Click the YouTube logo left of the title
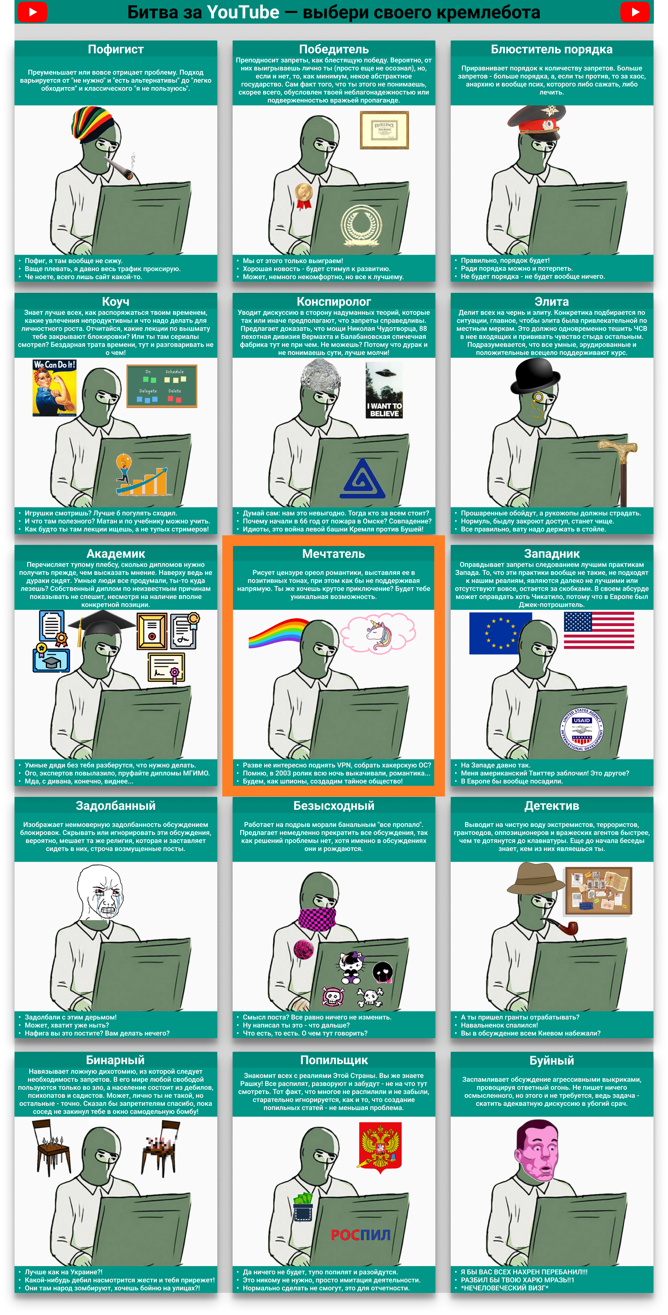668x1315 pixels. tap(32, 12)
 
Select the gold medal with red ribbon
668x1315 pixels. tap(303, 196)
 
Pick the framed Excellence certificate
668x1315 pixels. tap(384, 130)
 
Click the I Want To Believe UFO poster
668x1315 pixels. tap(384, 390)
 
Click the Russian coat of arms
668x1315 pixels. tap(380, 1145)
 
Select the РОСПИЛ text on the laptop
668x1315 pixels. tap(361, 1235)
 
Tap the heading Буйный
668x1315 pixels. tap(552, 1060)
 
